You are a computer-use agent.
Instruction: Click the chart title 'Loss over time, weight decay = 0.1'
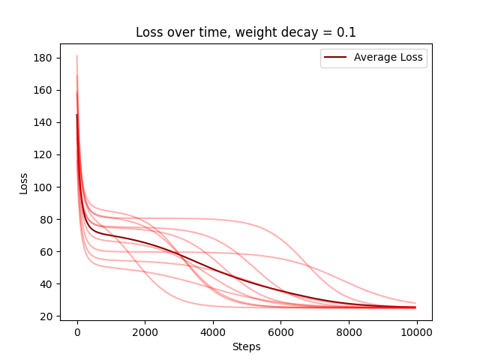pyautogui.click(x=245, y=33)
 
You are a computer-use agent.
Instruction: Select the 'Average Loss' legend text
pyautogui.click(x=389, y=57)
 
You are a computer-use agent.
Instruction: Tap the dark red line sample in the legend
pyautogui.click(x=335, y=57)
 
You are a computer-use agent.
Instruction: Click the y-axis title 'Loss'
pyautogui.click(x=23, y=183)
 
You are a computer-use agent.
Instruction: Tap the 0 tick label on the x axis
pyautogui.click(x=77, y=332)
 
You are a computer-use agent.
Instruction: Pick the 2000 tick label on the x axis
pyautogui.click(x=145, y=332)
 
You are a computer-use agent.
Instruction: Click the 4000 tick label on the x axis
pyautogui.click(x=213, y=332)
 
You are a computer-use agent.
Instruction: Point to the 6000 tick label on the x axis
pyautogui.click(x=281, y=332)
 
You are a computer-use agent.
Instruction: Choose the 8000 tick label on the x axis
pyautogui.click(x=349, y=332)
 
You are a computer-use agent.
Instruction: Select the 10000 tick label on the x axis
pyautogui.click(x=417, y=332)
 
